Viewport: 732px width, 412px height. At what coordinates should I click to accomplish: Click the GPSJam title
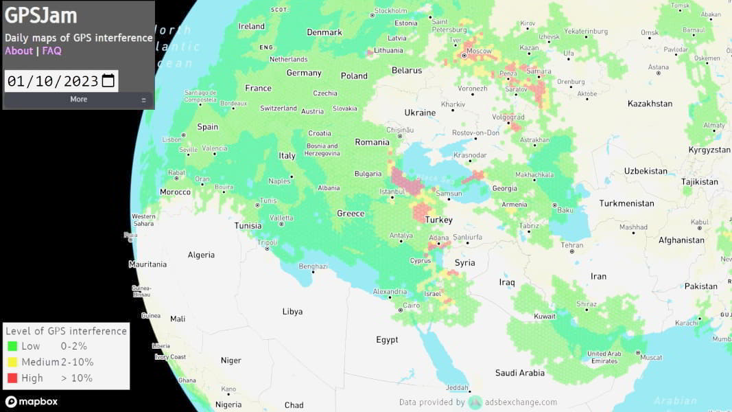coord(41,16)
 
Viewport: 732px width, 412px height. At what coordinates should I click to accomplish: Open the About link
coord(19,51)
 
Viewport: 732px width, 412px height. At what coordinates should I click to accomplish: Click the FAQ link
coord(51,51)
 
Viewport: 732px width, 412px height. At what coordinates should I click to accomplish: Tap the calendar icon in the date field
coord(108,81)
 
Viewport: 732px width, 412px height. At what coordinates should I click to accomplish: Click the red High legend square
coord(12,378)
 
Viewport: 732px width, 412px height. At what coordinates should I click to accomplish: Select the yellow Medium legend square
coord(12,362)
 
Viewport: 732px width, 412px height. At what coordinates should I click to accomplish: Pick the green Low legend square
coord(12,346)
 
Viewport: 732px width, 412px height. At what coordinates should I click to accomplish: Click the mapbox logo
coord(32,402)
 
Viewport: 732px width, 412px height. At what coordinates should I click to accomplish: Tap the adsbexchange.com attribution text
coord(521,402)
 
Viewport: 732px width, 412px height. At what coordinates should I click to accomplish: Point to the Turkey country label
coord(439,220)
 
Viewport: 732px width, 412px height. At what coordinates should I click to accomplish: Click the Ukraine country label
coord(420,113)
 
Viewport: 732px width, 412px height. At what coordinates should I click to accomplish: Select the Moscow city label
coord(479,51)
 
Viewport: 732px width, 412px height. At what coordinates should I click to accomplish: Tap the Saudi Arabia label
coord(520,373)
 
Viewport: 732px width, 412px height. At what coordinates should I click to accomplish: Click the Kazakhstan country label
coord(650,104)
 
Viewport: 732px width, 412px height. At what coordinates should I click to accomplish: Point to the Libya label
coord(292,312)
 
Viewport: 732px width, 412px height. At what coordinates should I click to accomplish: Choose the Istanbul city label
coord(392,192)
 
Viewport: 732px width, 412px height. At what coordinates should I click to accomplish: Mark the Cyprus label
coord(420,261)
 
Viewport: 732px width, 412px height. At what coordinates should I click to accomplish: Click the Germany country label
coord(304,73)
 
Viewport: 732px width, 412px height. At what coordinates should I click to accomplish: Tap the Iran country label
coord(598,277)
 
